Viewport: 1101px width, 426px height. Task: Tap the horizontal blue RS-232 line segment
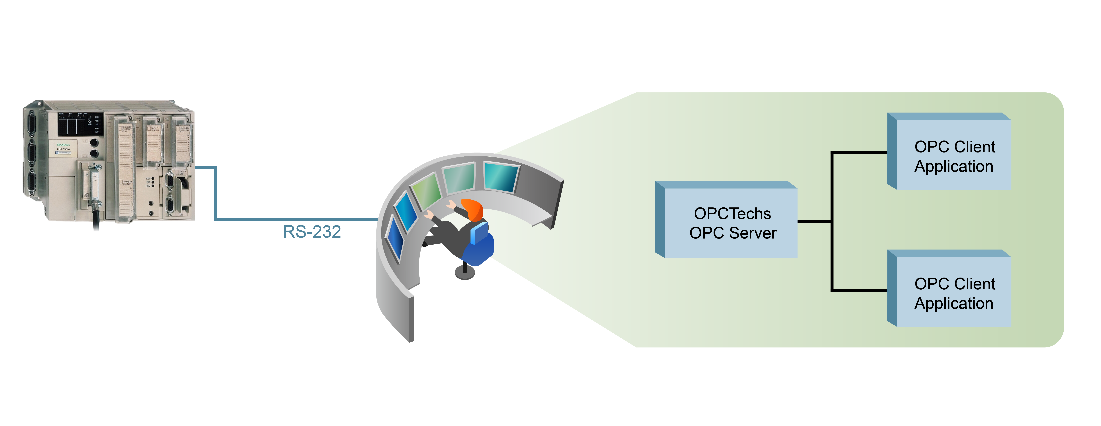click(x=295, y=219)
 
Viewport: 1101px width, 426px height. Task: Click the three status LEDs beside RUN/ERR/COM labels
click(x=153, y=182)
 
